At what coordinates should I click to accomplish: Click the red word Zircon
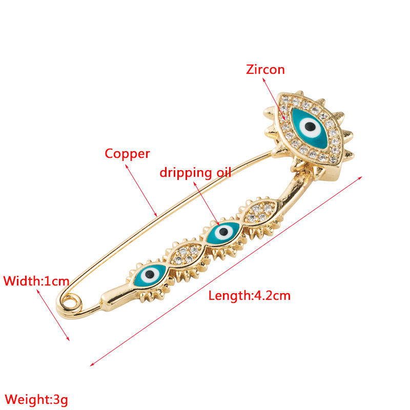point(265,69)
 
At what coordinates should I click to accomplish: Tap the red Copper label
point(127,153)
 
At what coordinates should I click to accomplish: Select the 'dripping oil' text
point(195,172)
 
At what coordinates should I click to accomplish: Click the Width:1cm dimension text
point(36,281)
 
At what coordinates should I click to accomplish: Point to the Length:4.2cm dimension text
point(250,295)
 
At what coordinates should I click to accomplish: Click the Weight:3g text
point(36,399)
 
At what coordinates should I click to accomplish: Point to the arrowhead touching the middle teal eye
point(220,224)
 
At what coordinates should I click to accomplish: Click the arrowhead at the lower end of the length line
point(92,364)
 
